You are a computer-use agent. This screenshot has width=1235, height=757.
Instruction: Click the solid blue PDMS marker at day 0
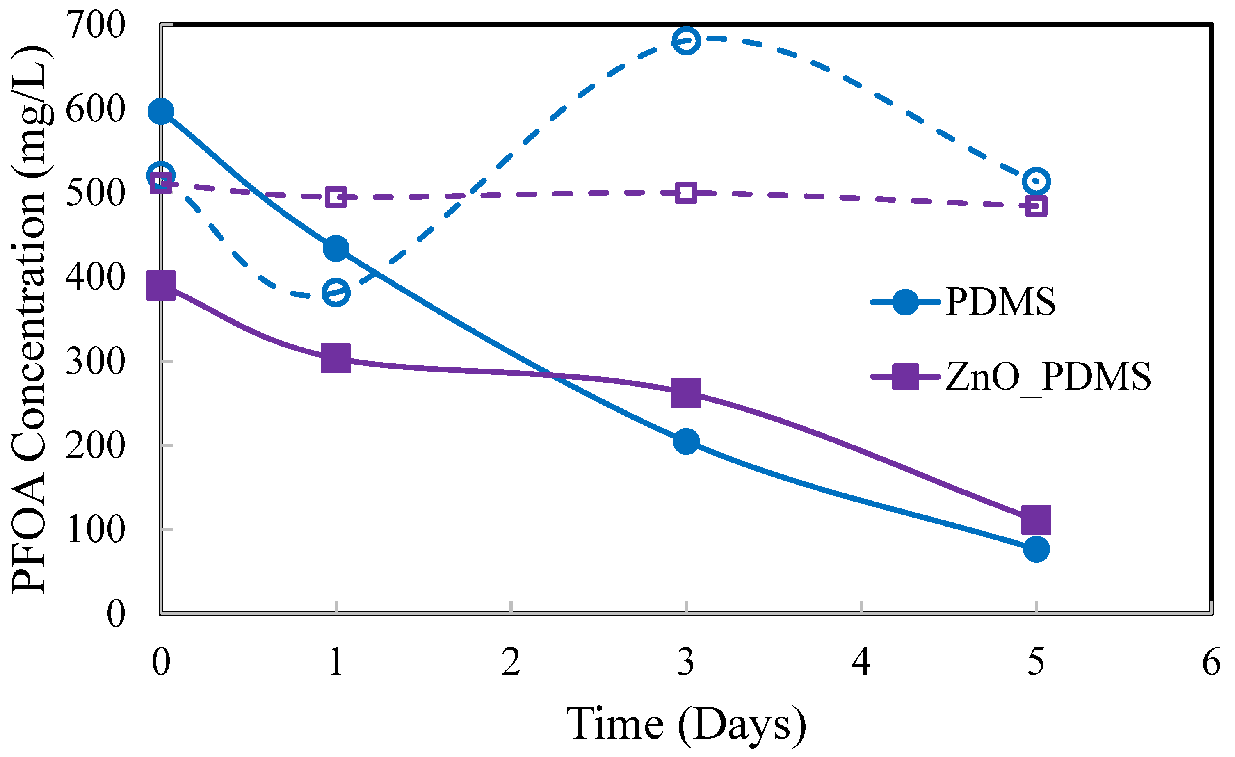click(x=161, y=111)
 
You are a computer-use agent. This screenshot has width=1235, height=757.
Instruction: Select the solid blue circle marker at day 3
click(x=686, y=441)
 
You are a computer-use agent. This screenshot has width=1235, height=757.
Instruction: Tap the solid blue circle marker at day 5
click(x=1036, y=550)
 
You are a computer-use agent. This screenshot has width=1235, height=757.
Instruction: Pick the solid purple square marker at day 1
click(x=336, y=358)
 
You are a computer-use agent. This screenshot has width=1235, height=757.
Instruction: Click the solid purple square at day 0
click(x=161, y=285)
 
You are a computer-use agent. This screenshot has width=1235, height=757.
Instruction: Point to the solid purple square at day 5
click(x=1036, y=520)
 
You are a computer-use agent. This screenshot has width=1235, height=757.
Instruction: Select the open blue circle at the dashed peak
click(x=686, y=40)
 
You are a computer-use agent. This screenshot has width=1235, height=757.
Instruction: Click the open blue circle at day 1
click(x=336, y=292)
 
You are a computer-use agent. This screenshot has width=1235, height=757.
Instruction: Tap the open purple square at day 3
click(x=686, y=193)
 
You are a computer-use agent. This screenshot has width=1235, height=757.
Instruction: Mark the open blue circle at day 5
click(x=1036, y=181)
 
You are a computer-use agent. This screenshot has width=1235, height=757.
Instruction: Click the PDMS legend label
click(x=1000, y=302)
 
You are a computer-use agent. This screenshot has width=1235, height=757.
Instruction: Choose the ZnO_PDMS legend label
click(x=1048, y=377)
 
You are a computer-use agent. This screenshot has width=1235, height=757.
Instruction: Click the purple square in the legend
click(x=905, y=377)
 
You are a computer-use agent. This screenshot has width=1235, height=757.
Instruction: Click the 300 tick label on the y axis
click(x=95, y=361)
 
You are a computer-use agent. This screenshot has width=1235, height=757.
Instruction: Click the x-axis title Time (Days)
click(x=686, y=724)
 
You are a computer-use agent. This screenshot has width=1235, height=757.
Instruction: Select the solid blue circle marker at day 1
click(x=336, y=249)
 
